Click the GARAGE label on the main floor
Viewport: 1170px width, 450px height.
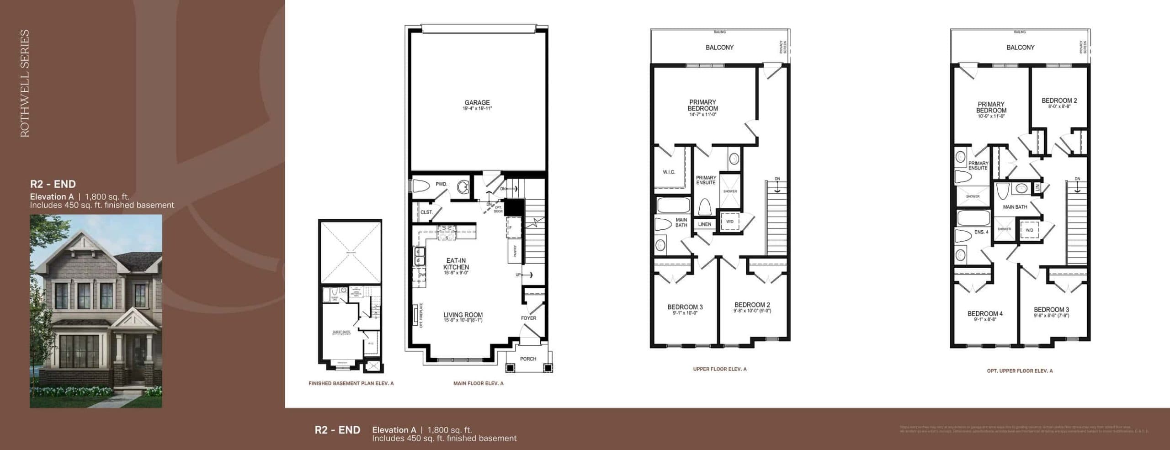tap(477, 103)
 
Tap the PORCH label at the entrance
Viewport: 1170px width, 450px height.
tap(528, 359)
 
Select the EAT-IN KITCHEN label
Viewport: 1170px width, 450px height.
tap(456, 264)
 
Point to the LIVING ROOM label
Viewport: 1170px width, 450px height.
tap(463, 315)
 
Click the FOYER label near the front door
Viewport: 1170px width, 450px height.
tap(528, 318)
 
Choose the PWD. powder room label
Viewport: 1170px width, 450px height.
tap(441, 184)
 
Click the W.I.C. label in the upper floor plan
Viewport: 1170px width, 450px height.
tap(669, 172)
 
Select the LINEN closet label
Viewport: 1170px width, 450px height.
tap(704, 224)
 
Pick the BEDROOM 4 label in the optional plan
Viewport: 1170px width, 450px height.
tap(985, 314)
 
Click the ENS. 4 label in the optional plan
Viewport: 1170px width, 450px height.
tap(981, 232)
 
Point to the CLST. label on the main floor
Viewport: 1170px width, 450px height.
tap(426, 212)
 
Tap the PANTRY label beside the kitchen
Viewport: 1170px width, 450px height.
tap(515, 252)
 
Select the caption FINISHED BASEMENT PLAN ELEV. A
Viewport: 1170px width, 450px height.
tap(351, 384)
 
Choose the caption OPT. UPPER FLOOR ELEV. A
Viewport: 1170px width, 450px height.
tap(1020, 371)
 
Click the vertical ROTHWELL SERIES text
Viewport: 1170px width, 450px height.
tap(25, 83)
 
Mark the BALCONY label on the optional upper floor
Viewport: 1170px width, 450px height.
tap(1020, 48)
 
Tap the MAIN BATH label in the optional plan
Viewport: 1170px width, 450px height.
tap(1015, 207)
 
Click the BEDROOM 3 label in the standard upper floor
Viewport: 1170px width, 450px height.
tap(685, 307)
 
